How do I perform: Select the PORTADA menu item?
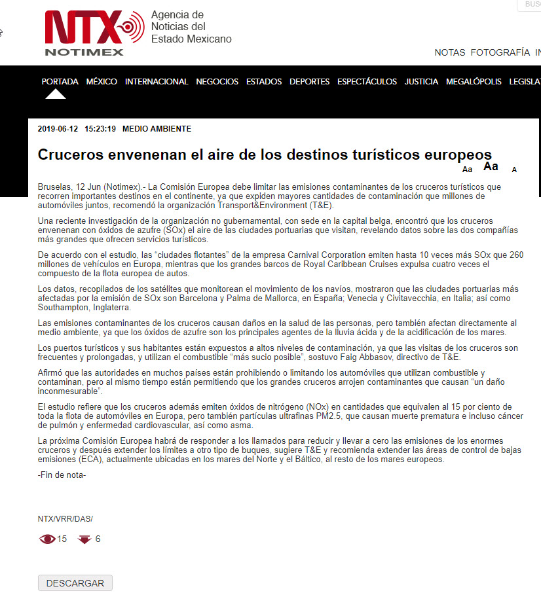point(60,82)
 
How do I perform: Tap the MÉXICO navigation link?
point(102,82)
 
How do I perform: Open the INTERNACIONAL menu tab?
point(157,82)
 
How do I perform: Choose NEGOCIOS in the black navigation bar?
point(217,82)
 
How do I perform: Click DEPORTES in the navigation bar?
point(309,82)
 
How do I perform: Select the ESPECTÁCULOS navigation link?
point(367,82)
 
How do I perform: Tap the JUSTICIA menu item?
point(421,82)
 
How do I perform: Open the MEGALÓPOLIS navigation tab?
point(474,82)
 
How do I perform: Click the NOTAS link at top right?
point(449,52)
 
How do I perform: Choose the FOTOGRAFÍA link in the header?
point(500,52)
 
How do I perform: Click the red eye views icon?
point(48,539)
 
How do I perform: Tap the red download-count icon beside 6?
point(84,539)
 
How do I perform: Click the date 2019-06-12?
point(58,129)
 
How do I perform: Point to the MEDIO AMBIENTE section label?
point(157,129)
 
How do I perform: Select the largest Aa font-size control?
point(491,166)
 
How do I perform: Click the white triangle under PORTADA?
point(56,94)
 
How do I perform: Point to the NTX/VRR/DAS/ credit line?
point(65,519)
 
